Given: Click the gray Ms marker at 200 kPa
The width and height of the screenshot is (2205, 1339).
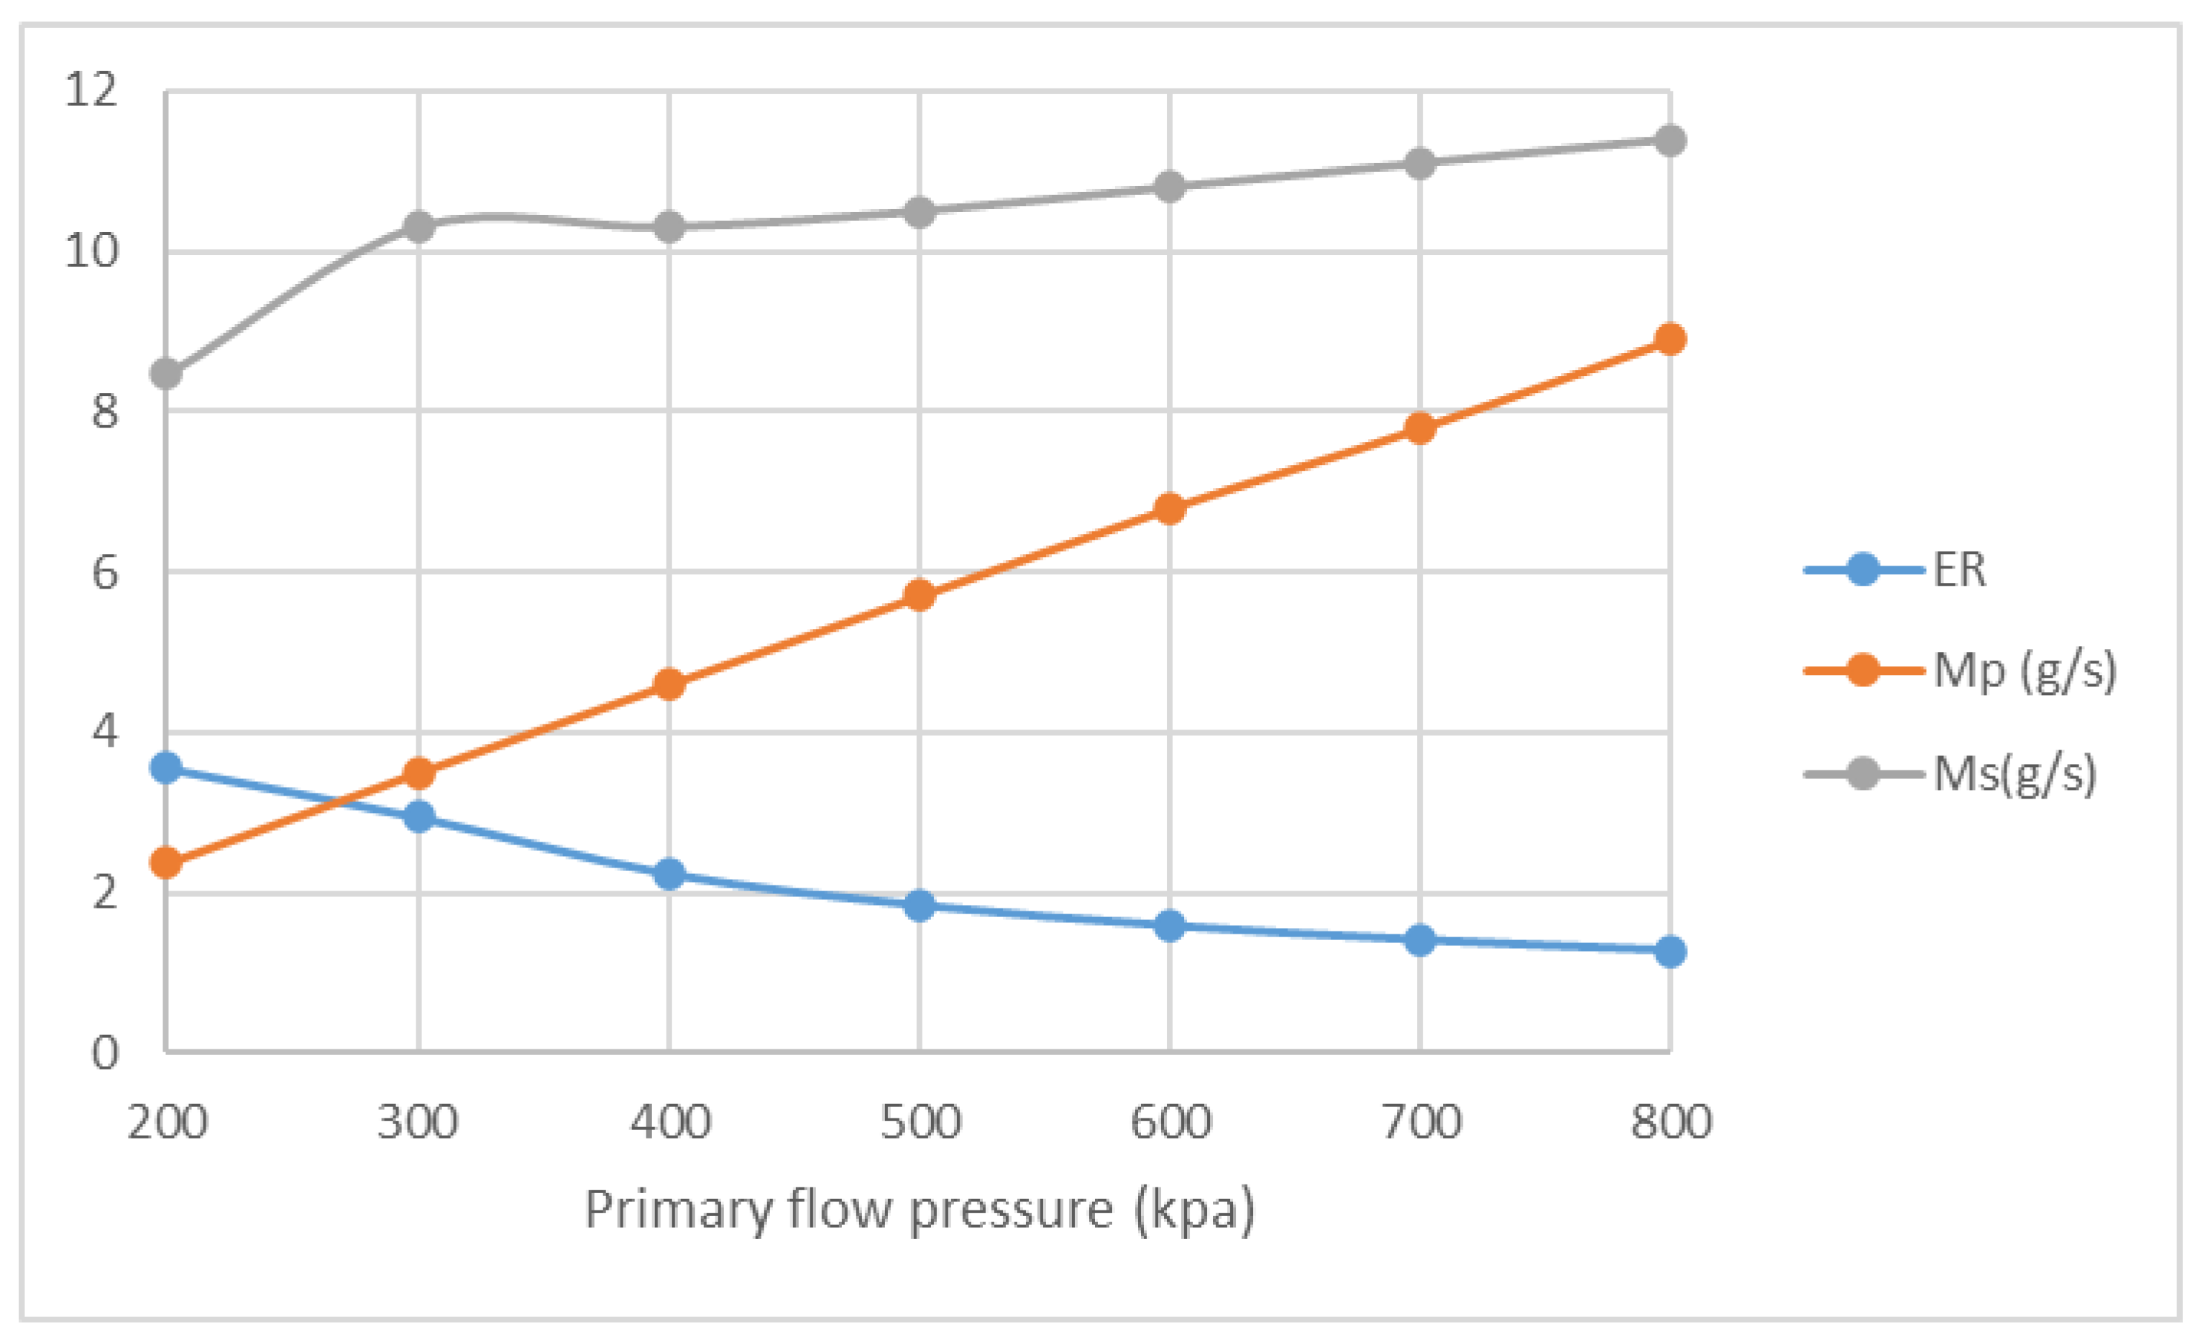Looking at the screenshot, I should point(167,373).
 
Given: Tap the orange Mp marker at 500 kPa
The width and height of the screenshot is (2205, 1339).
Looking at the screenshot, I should point(919,595).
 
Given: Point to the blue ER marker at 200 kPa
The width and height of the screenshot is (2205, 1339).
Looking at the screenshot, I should point(167,768).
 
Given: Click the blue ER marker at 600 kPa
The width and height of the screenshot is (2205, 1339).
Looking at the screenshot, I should point(1170,926).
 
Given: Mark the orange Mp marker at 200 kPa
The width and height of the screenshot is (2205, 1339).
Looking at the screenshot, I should point(167,863).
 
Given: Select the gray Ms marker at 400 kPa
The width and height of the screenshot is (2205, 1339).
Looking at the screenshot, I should point(669,227).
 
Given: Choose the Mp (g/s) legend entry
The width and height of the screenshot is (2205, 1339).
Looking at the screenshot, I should point(2025,670).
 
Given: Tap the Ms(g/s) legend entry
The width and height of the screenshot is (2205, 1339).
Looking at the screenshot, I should point(2014,773).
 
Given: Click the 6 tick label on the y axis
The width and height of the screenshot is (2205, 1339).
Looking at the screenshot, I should point(105,572).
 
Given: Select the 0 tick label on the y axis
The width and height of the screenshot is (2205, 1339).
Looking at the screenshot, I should point(105,1053).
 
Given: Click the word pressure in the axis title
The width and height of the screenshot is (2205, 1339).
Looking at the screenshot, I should point(1012,1211).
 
